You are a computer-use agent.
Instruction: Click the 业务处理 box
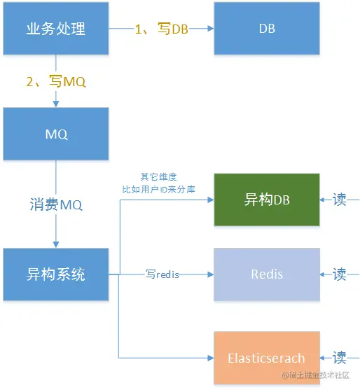pos(55,29)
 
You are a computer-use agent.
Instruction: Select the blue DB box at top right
pos(267,29)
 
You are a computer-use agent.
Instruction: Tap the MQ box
pos(55,134)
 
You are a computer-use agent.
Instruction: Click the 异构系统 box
pos(55,274)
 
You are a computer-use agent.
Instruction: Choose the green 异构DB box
pos(267,200)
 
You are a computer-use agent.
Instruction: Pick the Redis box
pos(267,274)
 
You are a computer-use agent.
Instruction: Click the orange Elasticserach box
pos(267,358)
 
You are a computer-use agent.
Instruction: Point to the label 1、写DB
pos(162,30)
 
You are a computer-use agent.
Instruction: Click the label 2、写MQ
pos(56,81)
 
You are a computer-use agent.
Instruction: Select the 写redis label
pos(162,274)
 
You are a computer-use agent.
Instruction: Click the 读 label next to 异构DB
pos(340,200)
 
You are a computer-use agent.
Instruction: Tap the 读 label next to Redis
pos(340,274)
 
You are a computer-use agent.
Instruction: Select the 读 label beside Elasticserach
pos(340,358)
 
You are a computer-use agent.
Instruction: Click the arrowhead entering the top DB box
pos(209,29)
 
